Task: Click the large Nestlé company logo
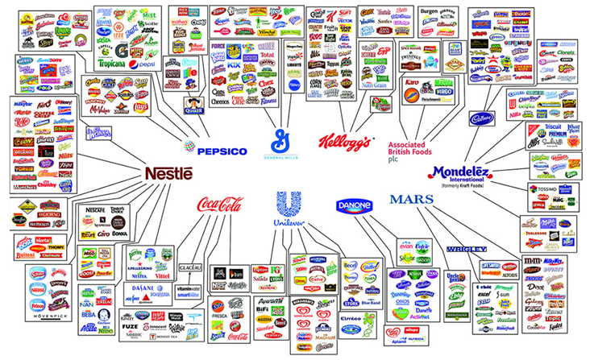point(168,174)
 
